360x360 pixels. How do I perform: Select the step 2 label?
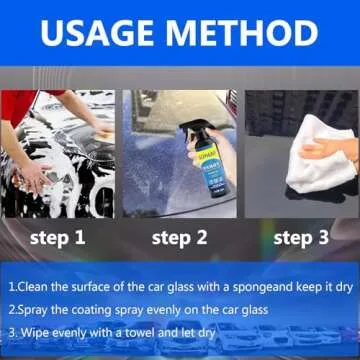(179, 237)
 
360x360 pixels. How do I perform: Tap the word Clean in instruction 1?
(38, 286)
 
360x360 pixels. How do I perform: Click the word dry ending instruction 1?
(346, 286)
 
